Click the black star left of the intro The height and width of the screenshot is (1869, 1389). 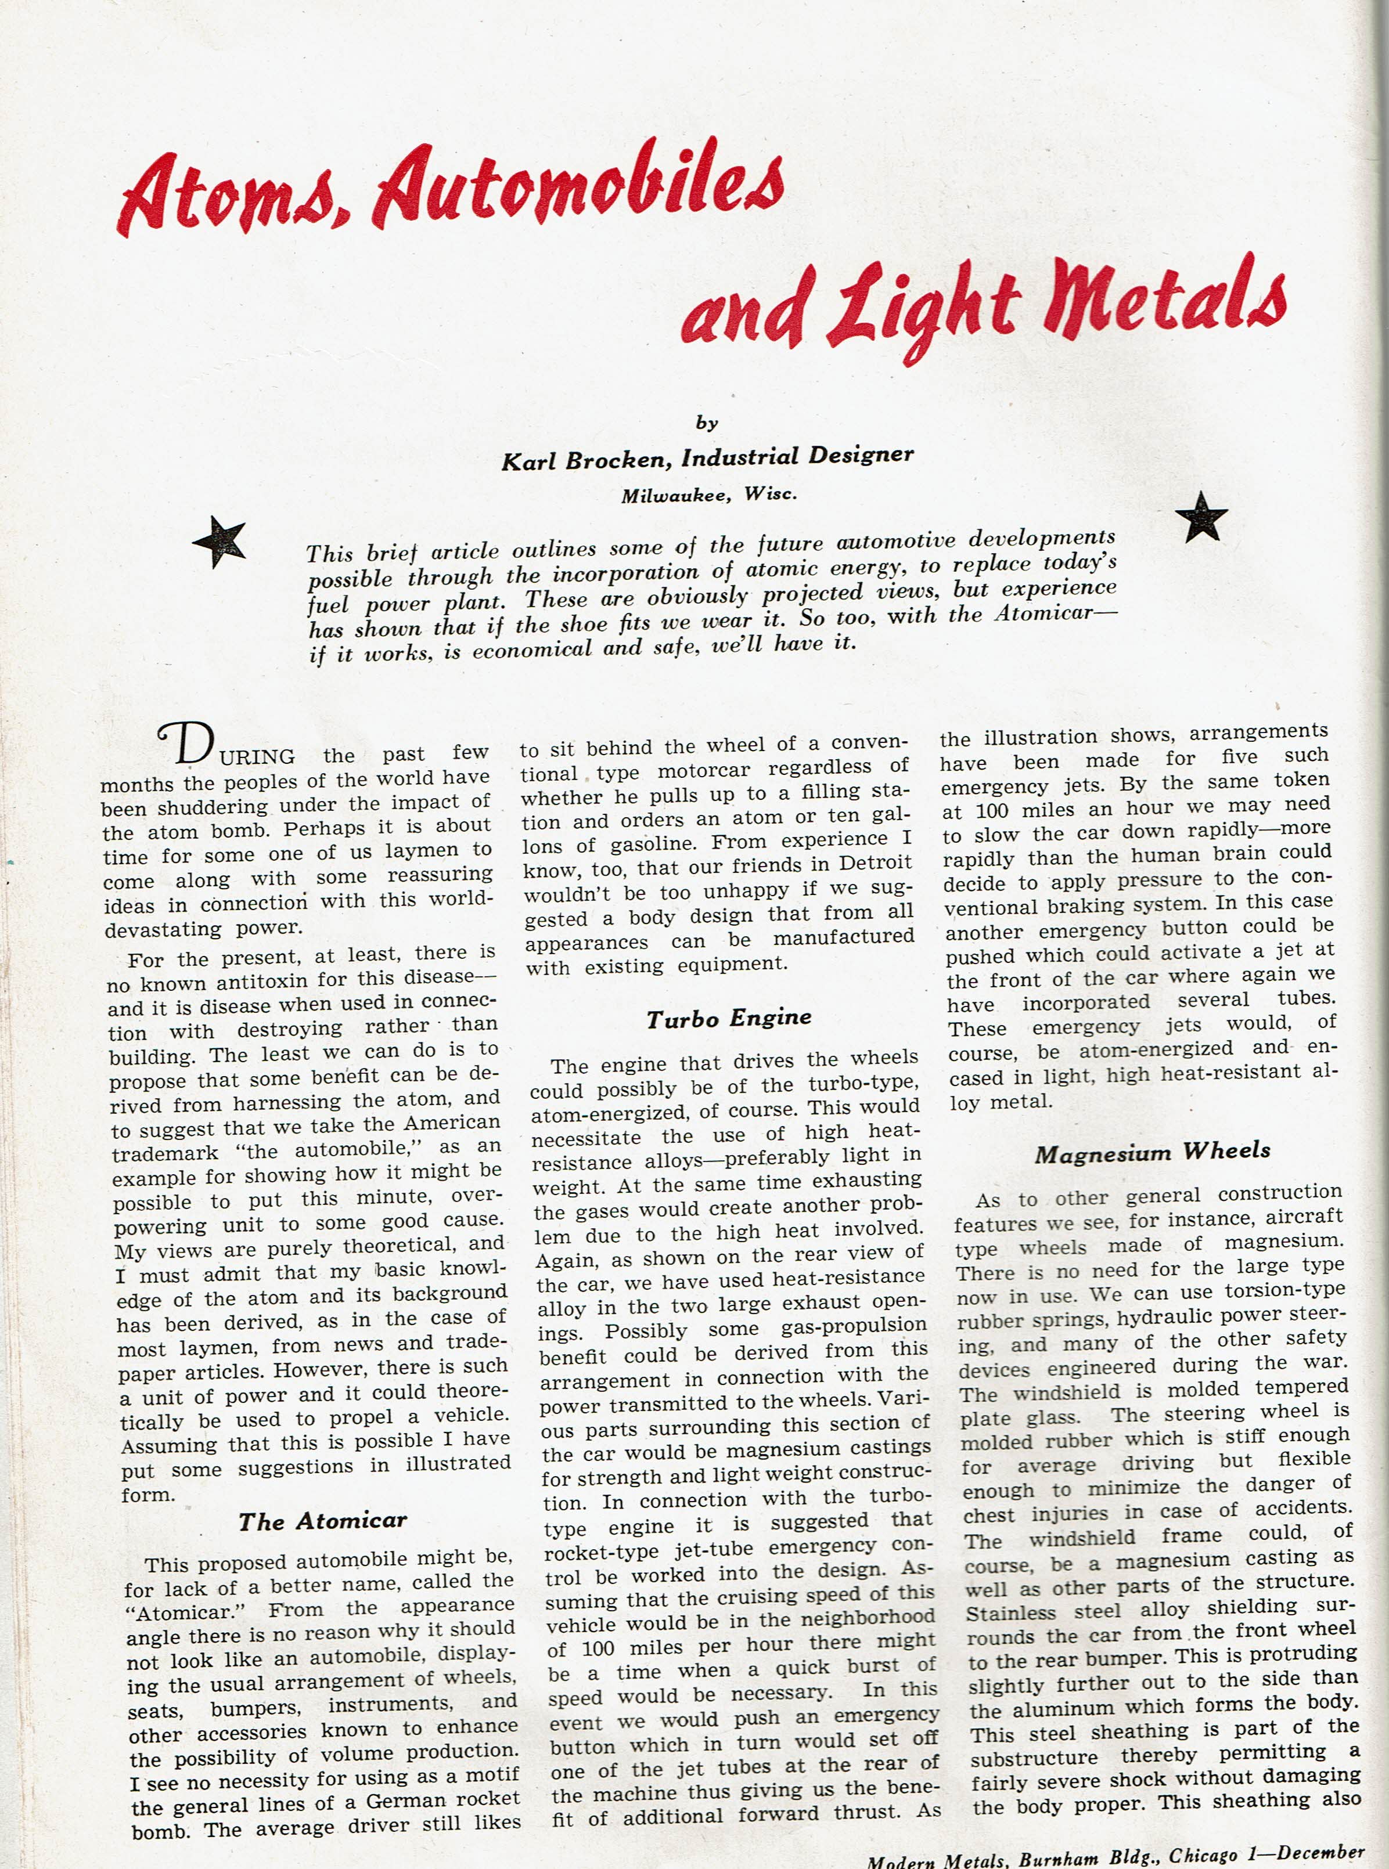pos(219,541)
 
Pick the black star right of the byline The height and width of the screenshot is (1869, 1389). pos(1201,517)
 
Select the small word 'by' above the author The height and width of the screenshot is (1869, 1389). pos(706,423)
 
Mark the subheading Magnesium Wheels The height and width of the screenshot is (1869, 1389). pos(1152,1152)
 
